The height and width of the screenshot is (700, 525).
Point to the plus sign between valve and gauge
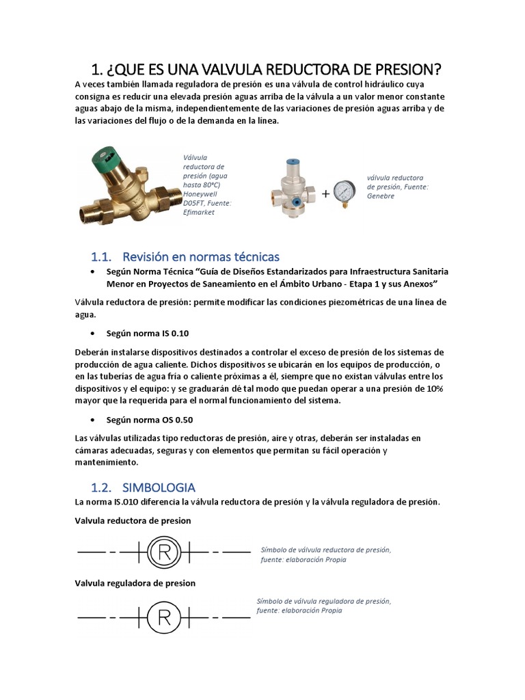click(x=325, y=193)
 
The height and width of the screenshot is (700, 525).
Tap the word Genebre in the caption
click(x=381, y=196)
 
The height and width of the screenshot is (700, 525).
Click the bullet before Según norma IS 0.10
click(x=92, y=334)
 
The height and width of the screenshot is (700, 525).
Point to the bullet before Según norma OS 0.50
click(x=92, y=419)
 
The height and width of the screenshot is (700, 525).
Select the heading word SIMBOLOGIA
click(x=159, y=487)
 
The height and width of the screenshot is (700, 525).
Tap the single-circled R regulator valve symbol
click(x=164, y=617)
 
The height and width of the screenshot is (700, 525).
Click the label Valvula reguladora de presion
click(x=135, y=583)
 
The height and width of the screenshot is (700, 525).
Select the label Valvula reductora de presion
click(x=133, y=521)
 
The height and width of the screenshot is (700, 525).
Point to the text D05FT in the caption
click(x=195, y=203)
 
